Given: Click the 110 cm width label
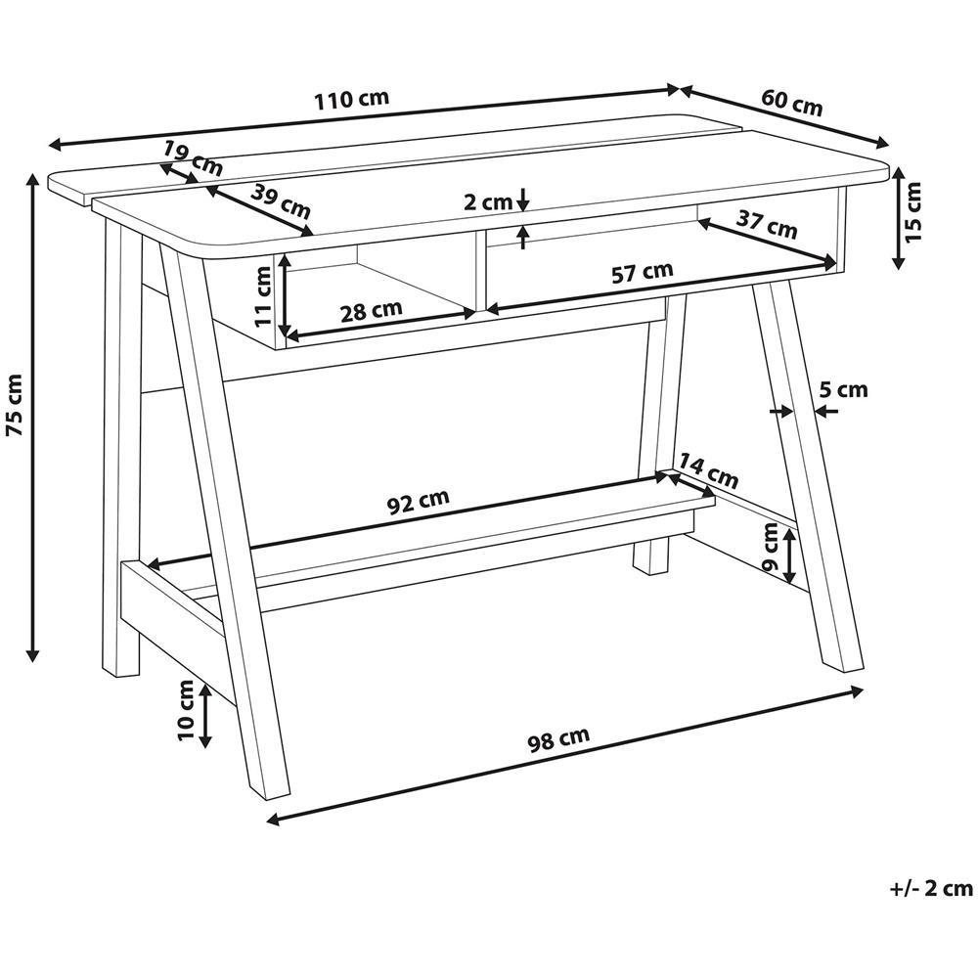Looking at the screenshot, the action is click(352, 99).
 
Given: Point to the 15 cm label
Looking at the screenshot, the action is click(911, 211).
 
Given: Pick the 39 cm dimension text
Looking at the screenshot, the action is click(281, 200).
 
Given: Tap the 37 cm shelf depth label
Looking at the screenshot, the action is click(767, 225).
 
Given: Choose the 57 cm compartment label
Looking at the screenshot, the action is click(643, 273).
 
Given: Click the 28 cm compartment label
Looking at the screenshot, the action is click(371, 310).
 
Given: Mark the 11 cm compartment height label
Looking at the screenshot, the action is click(263, 296).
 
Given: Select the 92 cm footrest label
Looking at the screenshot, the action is click(419, 500).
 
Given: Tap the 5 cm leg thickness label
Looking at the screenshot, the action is click(843, 390).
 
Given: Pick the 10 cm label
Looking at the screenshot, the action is click(186, 710).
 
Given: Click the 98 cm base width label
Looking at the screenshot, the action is click(558, 739).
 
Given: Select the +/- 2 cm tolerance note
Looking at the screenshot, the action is click(931, 888).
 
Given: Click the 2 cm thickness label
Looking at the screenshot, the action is click(488, 202).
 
